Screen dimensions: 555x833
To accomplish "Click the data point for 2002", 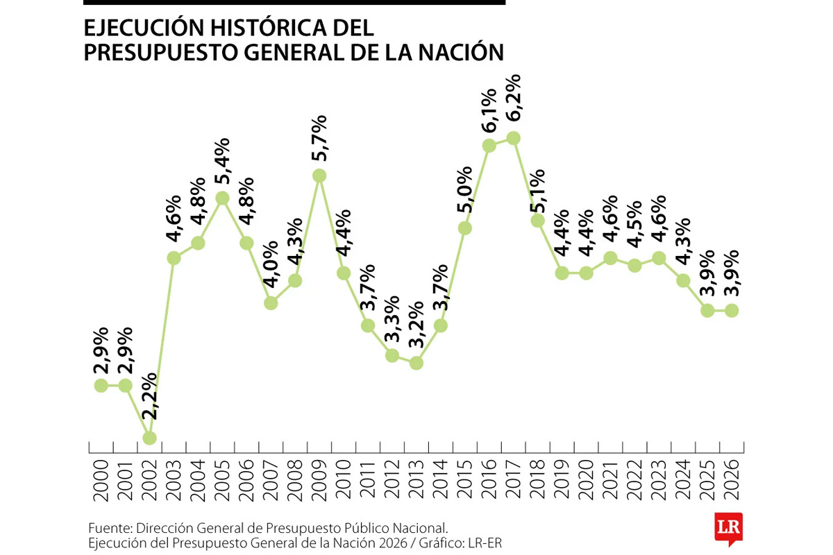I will point(149,438).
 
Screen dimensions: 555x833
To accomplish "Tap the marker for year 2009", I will point(319,176).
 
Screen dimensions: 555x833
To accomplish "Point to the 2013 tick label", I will point(416,479).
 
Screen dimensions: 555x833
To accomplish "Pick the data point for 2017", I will point(513,138).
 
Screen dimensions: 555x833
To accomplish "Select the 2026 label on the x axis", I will point(732,479).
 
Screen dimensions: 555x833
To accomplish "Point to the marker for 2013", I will point(416,363).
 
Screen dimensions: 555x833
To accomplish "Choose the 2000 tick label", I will point(101,479).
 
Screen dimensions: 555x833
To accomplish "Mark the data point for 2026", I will point(732,310).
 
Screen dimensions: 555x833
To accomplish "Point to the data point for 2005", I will point(222,198).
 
